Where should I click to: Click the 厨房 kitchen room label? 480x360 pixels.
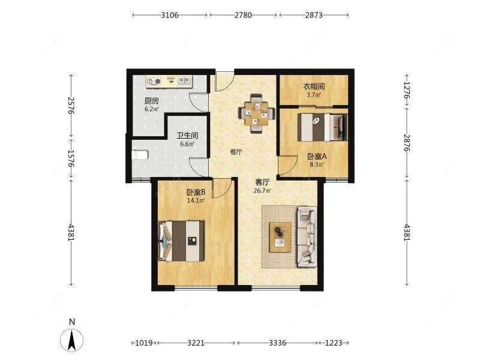[152, 100]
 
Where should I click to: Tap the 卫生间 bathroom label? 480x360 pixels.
[187, 136]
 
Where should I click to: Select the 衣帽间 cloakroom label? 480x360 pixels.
[314, 86]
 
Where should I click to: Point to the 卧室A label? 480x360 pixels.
[317, 157]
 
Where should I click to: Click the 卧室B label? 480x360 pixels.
[196, 192]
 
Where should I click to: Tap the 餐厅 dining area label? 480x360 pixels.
[236, 152]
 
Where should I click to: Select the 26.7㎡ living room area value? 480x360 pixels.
[262, 191]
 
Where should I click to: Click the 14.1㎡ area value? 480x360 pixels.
[196, 200]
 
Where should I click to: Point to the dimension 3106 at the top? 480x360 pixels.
[170, 15]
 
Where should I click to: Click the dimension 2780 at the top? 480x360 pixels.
[243, 15]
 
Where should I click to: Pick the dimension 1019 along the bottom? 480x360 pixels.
[143, 343]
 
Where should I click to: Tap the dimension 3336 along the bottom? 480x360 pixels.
[277, 343]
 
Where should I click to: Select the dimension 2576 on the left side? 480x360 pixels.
[71, 106]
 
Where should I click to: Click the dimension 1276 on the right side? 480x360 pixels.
[407, 90]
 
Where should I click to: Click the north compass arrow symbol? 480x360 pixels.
[71, 340]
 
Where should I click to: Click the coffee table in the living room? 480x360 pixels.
[280, 237]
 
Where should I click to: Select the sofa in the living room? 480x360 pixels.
[307, 237]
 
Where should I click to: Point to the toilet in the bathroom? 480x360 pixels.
[140, 155]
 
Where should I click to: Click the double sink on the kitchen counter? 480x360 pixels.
[184, 81]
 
